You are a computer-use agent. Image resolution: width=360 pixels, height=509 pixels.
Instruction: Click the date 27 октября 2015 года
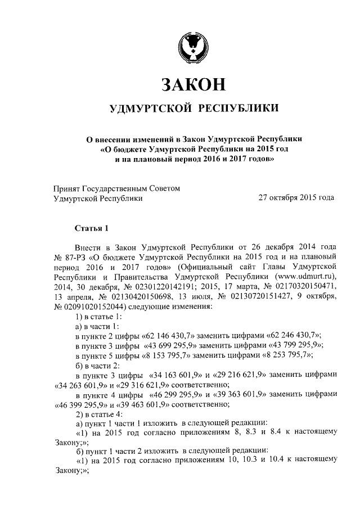coord(296,198)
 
